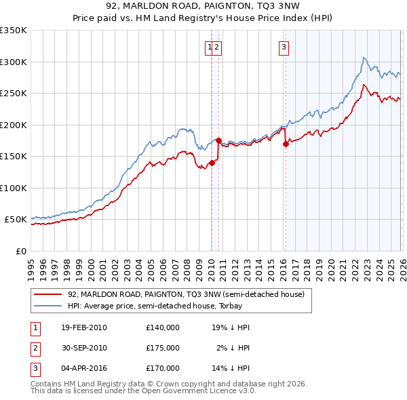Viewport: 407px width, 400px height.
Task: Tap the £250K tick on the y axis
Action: tap(14, 94)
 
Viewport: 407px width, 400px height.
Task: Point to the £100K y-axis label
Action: tap(14, 188)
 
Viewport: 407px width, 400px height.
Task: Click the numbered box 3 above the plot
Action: tap(283, 47)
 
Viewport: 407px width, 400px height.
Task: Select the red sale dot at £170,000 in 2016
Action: tap(286, 144)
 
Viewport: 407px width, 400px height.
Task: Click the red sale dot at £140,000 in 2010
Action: tap(212, 163)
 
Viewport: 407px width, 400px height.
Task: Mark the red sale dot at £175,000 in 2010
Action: tap(219, 140)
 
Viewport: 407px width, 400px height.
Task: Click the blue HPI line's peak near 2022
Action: tap(364, 58)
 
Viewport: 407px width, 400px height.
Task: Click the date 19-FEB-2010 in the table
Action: tap(83, 327)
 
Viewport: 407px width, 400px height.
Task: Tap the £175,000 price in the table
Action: tap(163, 348)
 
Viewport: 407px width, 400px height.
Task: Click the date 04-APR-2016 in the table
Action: tap(83, 368)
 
